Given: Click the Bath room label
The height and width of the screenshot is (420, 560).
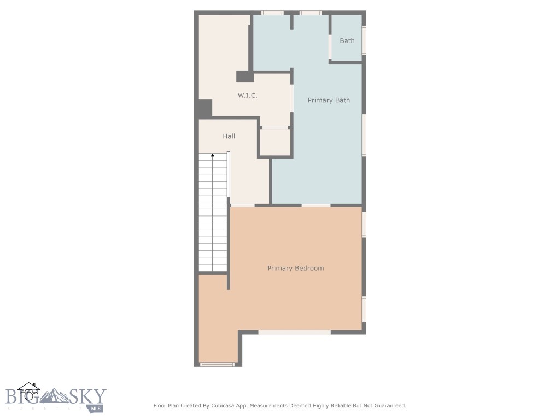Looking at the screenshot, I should pos(347,41).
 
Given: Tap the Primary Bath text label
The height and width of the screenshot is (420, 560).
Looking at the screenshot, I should pos(328,100).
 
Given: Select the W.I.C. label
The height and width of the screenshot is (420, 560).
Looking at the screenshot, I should pos(247,96).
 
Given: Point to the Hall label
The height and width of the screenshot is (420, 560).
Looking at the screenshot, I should pos(229,136).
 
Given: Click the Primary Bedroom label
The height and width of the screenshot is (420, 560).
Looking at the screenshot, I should pos(295,268).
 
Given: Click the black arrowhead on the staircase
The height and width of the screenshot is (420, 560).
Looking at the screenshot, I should pos(213,156).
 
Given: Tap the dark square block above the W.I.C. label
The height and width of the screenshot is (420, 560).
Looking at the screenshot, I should pos(244,77).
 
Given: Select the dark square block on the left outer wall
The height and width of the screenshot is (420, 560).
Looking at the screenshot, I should pos(205,108).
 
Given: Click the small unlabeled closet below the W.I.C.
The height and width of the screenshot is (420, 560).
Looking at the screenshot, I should pos(275,143).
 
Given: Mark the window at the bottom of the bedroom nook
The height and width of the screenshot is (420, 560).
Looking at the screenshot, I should pos(217,364).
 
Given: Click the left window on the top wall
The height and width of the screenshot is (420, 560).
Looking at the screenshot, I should pos(272,13).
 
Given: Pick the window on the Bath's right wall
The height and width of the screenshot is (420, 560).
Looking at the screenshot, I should pos(364,40).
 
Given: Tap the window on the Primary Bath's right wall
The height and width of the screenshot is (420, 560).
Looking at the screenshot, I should pos(364,135).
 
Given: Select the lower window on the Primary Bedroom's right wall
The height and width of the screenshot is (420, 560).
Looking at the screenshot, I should pos(364,309).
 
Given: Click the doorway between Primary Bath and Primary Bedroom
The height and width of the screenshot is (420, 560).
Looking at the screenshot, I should pos(316,206).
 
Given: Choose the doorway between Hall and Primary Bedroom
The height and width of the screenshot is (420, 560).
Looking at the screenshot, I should pos(242,206).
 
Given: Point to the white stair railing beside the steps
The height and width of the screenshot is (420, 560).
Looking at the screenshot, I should pos(229,174).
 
